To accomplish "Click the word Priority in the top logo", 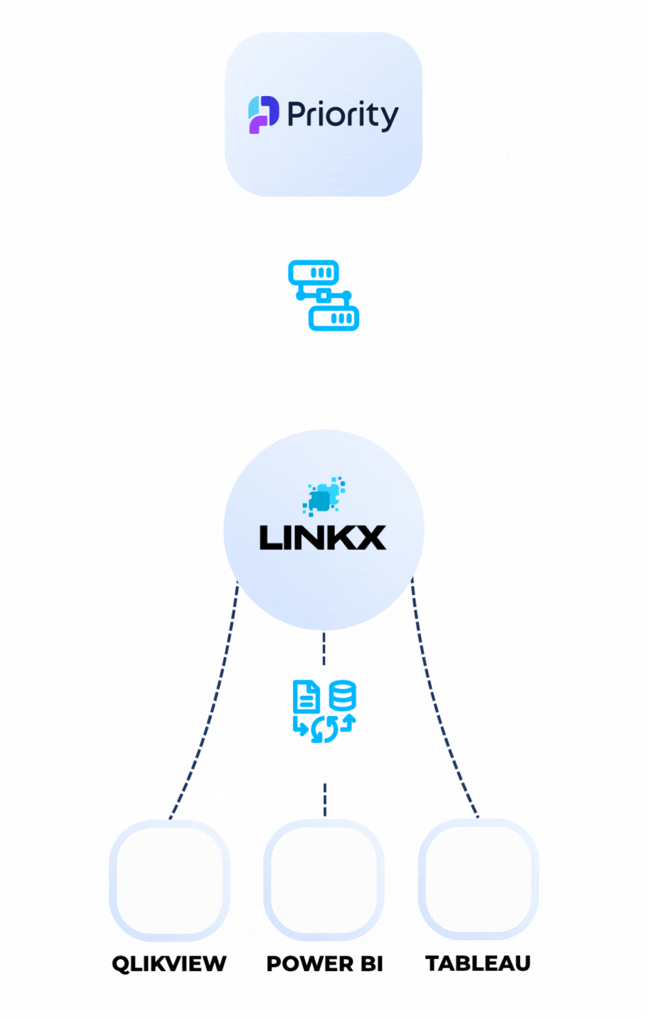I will click(x=342, y=115).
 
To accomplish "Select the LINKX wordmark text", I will click(x=322, y=538).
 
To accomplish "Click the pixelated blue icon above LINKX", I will click(x=323, y=496).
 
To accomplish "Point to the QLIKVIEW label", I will click(x=169, y=964).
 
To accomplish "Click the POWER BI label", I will click(x=324, y=964).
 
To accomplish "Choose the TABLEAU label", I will click(x=478, y=963).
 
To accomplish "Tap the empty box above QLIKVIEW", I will click(x=170, y=880).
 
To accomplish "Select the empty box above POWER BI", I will click(x=324, y=880).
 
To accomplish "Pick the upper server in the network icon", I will click(x=313, y=273).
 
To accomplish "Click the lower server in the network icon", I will click(x=334, y=318).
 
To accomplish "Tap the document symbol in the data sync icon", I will click(x=306, y=697).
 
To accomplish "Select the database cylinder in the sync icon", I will click(x=343, y=695).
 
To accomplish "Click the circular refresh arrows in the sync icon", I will click(x=325, y=729).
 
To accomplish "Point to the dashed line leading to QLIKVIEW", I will click(x=210, y=713).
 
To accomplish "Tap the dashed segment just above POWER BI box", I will click(x=325, y=800).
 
